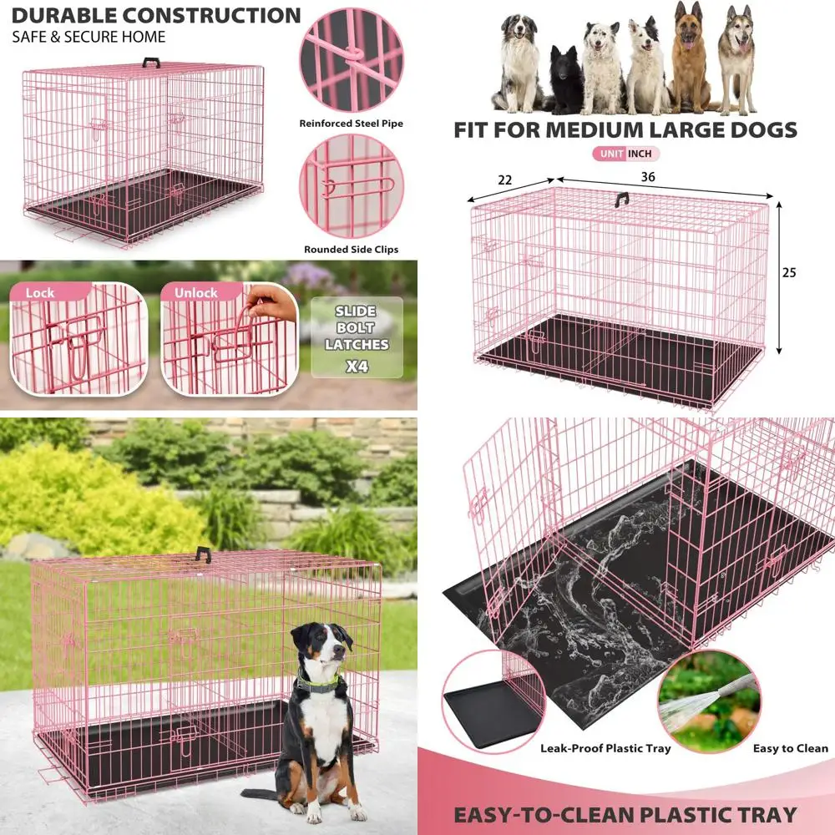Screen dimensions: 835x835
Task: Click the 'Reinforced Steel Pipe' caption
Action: (x=351, y=124)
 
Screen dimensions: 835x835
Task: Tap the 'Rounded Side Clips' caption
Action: (x=351, y=249)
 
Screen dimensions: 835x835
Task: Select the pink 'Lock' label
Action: (x=40, y=293)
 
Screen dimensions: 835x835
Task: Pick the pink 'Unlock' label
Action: (x=196, y=293)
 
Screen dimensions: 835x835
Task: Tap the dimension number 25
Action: (x=790, y=273)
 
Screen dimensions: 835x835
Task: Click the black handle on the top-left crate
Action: (x=151, y=63)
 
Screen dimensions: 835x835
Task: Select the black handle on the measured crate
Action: (x=621, y=199)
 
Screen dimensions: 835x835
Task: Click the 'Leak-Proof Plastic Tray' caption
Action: (x=605, y=748)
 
